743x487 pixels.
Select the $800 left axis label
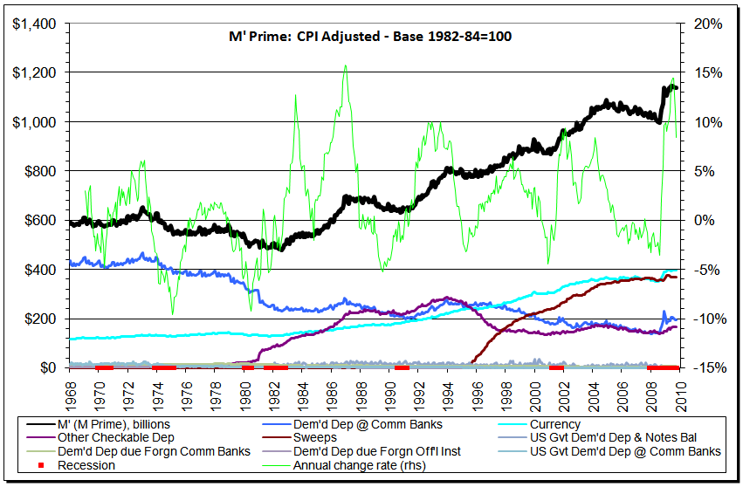(x=38, y=171)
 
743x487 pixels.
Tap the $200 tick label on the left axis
(x=38, y=319)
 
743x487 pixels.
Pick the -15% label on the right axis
(x=705, y=368)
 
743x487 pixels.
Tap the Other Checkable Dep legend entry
(x=115, y=437)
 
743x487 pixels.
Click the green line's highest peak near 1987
(x=346, y=65)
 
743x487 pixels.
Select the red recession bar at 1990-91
(x=402, y=367)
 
